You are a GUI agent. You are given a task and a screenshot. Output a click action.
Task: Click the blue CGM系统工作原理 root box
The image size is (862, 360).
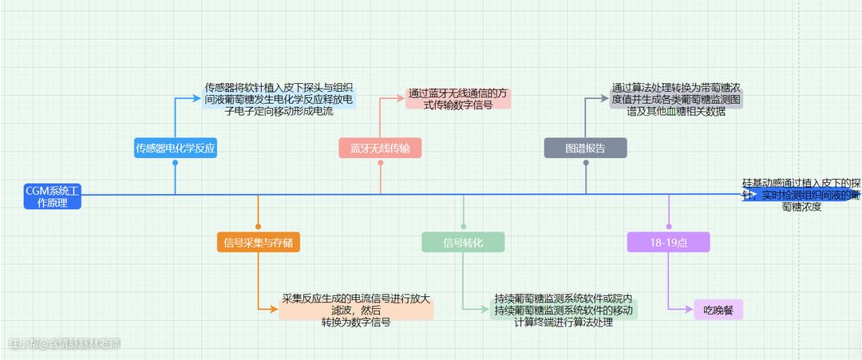53,196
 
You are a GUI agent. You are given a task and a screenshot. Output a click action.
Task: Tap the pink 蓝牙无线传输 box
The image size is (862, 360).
380,148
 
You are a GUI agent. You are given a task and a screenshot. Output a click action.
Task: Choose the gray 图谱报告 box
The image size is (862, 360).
585,148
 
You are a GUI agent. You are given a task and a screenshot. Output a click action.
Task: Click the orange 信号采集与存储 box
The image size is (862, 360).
258,242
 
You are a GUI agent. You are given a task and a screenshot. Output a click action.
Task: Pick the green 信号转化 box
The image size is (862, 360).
463,242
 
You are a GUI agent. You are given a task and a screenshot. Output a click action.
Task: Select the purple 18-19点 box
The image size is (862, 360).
668,242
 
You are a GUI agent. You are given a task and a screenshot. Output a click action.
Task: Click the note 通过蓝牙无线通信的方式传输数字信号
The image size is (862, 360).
459,98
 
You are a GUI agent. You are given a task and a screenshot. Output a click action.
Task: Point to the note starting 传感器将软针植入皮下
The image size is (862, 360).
279,99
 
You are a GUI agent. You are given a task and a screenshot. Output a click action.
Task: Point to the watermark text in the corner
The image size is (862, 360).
64,344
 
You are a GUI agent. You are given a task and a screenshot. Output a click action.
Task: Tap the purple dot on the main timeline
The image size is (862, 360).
669,227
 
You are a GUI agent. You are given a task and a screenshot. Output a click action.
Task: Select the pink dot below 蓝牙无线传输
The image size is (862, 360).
381,163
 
